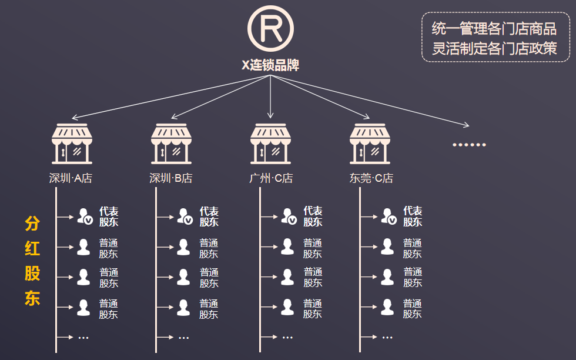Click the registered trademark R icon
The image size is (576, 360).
270,28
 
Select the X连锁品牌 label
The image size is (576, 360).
270,65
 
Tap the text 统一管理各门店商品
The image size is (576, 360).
494,28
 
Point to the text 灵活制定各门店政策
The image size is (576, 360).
494,48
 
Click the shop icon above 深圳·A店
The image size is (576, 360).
72,144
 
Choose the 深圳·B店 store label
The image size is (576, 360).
171,178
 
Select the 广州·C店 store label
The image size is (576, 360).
271,178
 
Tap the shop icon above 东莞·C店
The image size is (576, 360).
370,144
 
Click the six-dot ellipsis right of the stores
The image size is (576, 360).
469,145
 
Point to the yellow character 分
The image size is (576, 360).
32,224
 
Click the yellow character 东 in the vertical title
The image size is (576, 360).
32,298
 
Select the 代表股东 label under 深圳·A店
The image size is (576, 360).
109,216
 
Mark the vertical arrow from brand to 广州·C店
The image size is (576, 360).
270,97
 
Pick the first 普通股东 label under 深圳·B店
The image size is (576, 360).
209,248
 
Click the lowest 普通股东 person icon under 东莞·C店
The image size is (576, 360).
387,308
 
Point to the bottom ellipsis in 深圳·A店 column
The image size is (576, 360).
83,338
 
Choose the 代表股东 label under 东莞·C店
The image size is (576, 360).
413,216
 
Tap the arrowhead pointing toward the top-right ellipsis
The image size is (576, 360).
466,125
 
